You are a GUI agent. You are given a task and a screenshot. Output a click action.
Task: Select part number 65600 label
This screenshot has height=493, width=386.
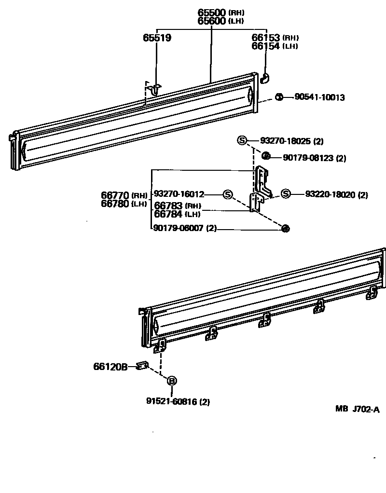(212, 21)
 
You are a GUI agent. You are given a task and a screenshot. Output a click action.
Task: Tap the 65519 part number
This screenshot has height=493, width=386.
(157, 38)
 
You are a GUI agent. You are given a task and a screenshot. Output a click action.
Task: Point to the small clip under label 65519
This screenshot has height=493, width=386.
(155, 88)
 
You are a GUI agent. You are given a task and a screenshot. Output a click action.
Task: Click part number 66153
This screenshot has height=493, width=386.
(266, 38)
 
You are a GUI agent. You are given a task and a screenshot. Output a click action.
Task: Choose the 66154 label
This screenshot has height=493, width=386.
(266, 46)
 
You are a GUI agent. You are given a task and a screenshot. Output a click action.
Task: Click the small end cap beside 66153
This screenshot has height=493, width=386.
(264, 77)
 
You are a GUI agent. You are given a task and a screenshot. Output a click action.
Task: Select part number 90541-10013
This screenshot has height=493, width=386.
(319, 97)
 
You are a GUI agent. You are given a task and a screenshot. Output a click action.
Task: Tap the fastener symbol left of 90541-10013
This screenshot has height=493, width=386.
(279, 97)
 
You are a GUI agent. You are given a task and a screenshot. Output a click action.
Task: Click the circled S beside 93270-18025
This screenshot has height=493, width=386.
(242, 141)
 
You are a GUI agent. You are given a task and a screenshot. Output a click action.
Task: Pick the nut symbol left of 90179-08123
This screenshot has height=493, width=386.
(265, 156)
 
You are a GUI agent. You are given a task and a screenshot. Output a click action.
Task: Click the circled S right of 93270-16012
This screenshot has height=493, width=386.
(228, 194)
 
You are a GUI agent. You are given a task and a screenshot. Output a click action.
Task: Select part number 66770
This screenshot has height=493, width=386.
(115, 195)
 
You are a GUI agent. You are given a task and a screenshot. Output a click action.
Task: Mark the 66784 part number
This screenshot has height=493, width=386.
(168, 214)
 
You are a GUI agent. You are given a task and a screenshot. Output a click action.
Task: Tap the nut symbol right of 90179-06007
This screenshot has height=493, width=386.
(285, 229)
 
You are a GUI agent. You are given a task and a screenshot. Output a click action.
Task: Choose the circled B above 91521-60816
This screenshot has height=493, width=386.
(171, 381)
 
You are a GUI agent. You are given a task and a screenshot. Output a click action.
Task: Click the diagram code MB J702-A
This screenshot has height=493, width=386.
(358, 410)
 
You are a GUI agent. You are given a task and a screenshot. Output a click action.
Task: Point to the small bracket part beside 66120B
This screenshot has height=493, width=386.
(142, 366)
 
